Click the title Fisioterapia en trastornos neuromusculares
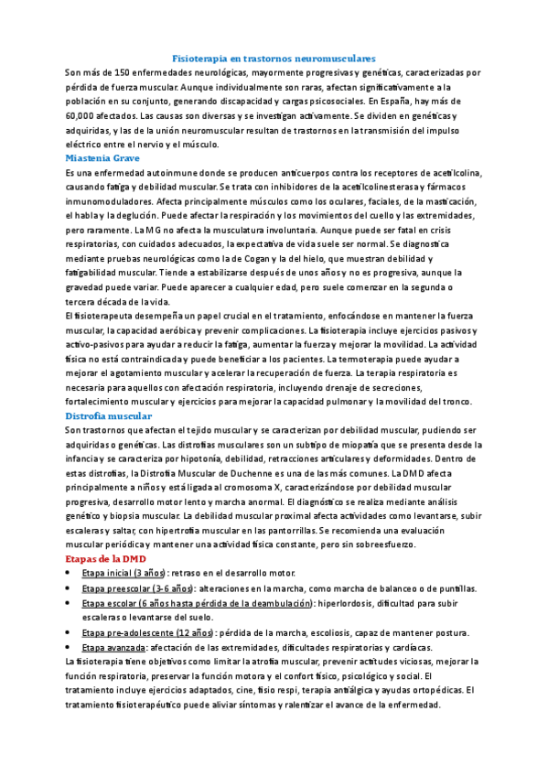(274, 58)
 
